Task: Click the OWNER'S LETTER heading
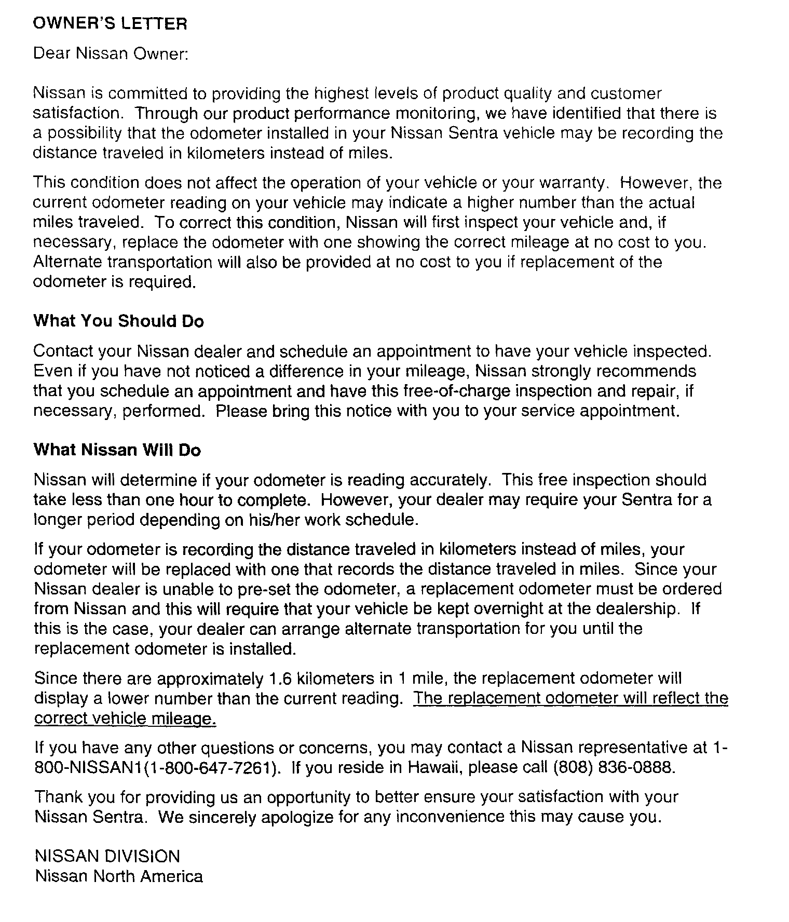coord(110,24)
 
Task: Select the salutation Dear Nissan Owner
coord(110,54)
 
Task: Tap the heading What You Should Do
coord(118,321)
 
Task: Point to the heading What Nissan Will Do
coord(117,450)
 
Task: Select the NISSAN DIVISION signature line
coord(107,857)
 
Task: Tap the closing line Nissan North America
coord(118,877)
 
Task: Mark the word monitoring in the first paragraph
coord(419,114)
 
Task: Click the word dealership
coord(638,609)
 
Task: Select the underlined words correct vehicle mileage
coord(125,719)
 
